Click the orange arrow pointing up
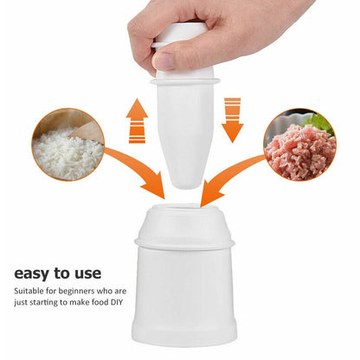click(137, 121)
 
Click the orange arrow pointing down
click(233, 120)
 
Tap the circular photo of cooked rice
click(68, 145)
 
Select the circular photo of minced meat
click(300, 145)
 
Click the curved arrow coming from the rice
click(138, 167)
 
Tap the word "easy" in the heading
click(32, 273)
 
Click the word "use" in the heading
click(88, 274)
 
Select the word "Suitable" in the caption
click(29, 291)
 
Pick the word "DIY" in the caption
click(116, 303)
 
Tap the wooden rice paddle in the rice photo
click(87, 132)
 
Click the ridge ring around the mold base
click(184, 244)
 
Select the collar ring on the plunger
click(185, 81)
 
